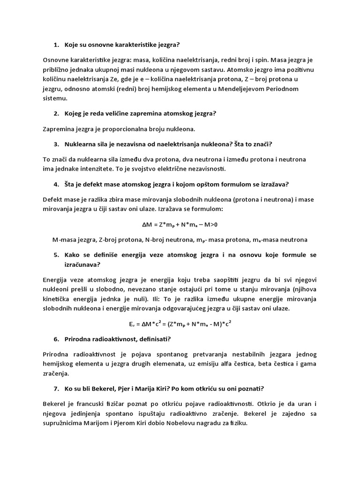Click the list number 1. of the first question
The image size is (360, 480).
tap(56, 45)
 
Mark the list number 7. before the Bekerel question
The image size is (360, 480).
tap(56, 389)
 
